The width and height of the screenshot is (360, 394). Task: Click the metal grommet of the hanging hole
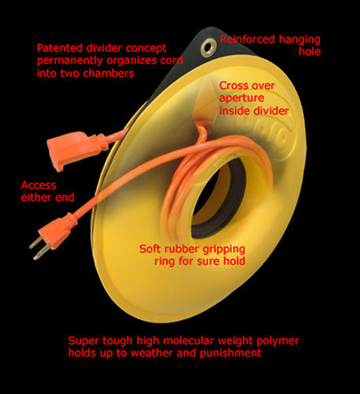point(209,47)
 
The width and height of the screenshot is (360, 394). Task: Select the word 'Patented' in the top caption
point(60,48)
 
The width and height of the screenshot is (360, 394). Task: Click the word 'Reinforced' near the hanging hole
point(247,39)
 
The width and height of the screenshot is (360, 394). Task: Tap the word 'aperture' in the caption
point(242,98)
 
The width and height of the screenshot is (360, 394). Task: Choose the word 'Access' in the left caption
point(39,185)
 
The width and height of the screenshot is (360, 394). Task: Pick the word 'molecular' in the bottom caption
point(188,340)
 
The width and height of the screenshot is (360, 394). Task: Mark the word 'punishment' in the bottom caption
point(231,353)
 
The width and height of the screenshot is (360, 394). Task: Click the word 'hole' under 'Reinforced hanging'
point(310,51)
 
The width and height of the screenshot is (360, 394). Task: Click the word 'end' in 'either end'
point(65,197)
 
